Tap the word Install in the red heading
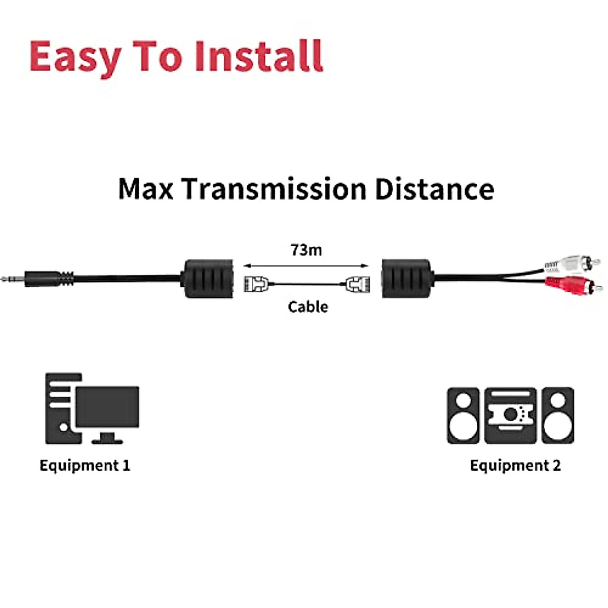pos(259,56)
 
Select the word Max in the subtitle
pos(146,188)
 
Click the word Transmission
pos(274,188)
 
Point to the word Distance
pos(434,188)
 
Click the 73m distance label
pos(306,250)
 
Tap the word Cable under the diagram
pos(308,307)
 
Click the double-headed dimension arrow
pos(306,265)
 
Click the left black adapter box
pos(208,279)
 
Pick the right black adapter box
pos(407,279)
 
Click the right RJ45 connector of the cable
pos(358,284)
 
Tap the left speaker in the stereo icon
pos(463,415)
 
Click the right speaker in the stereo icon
pos(557,415)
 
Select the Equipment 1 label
pos(85,466)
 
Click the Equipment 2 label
pos(515,466)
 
